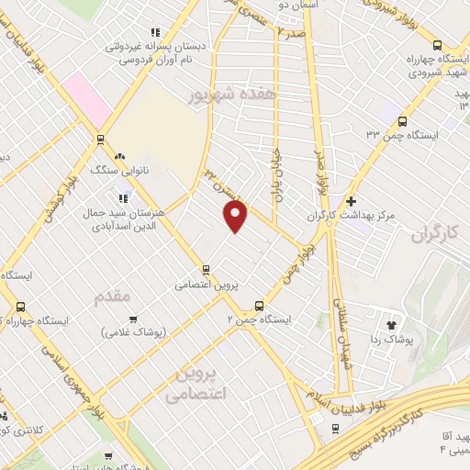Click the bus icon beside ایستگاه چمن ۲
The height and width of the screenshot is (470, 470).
tap(258, 305)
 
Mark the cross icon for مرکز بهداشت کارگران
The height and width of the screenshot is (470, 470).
tap(350, 201)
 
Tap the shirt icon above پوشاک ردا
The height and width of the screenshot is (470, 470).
tap(392, 323)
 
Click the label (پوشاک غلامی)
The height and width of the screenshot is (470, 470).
tap(133, 334)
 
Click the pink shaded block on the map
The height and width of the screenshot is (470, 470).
tap(88, 102)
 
